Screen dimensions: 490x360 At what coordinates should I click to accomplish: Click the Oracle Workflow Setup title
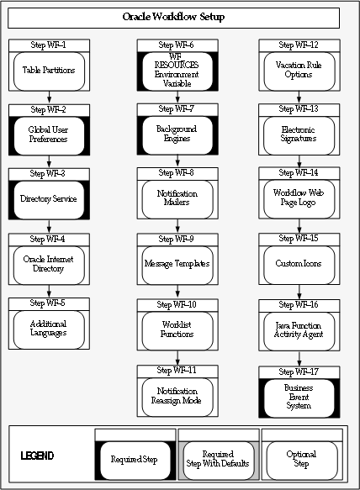173,17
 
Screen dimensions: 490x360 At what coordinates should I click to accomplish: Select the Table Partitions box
49,71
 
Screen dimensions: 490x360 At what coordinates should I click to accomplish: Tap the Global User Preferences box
49,135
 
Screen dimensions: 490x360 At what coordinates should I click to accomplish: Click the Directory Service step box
49,199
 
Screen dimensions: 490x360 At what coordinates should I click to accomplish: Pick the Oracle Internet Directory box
49,264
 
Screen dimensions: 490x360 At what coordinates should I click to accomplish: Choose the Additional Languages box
49,328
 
